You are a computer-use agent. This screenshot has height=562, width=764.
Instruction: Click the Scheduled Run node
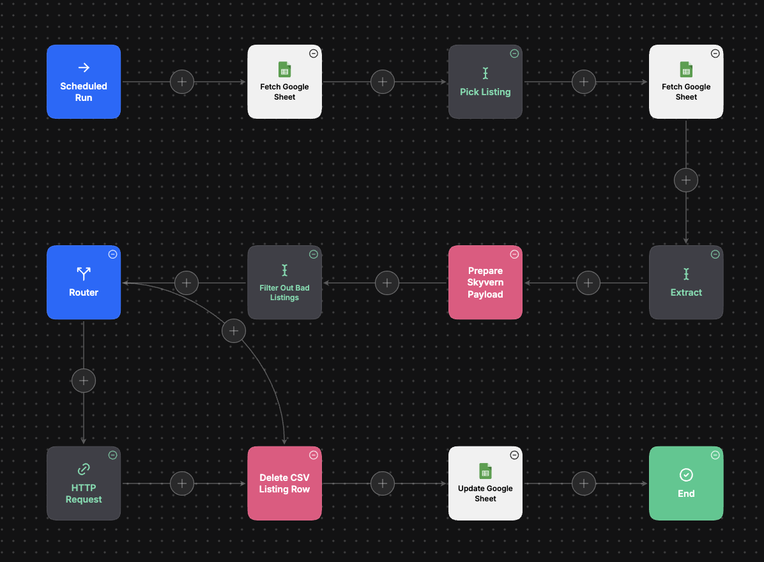coord(84,82)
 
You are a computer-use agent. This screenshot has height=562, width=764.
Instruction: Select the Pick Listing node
coord(485,82)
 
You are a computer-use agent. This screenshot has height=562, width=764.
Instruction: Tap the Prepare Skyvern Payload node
coord(485,282)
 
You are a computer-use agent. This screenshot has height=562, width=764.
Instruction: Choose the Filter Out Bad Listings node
coord(284,282)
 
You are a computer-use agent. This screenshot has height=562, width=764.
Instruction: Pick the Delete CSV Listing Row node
coord(284,483)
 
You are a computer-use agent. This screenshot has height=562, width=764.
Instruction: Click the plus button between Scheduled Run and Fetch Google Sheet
coord(182,82)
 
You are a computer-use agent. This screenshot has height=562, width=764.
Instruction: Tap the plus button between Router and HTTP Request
coord(84,381)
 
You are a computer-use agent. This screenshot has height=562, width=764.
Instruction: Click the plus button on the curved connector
coord(234,331)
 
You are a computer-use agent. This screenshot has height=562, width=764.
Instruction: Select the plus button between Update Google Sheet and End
coord(584,483)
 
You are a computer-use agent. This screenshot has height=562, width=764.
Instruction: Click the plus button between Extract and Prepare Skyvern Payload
coord(588,283)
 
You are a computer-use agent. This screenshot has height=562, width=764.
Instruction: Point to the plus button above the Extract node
coord(686,180)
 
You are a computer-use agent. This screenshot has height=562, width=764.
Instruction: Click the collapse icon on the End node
coord(715,455)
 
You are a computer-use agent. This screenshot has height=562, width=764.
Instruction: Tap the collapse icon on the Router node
coord(112,254)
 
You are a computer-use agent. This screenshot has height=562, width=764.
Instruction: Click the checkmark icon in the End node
coord(686,475)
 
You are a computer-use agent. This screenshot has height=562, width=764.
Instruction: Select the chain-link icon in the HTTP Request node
coord(84,469)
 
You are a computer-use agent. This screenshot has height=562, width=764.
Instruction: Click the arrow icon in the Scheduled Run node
coord(84,67)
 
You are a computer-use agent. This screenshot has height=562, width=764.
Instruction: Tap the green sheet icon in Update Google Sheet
coord(485,471)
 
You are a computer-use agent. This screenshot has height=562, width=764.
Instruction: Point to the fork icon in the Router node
coord(84,274)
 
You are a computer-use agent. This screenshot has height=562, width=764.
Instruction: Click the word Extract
coord(686,292)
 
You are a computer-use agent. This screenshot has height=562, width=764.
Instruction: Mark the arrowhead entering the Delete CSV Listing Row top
coord(284,441)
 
